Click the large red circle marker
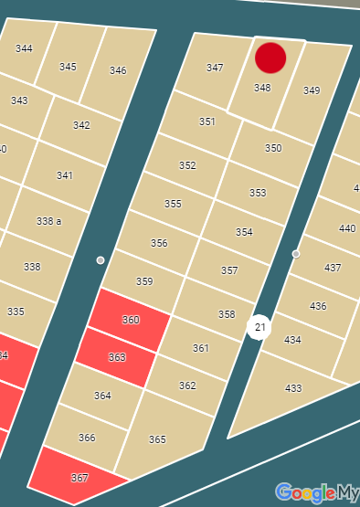click(x=270, y=58)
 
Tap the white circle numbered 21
click(x=259, y=327)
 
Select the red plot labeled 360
click(x=131, y=320)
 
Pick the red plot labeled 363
click(x=117, y=357)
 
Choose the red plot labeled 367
click(x=79, y=478)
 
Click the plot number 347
click(x=215, y=69)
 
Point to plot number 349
click(x=312, y=90)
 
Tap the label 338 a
click(x=49, y=221)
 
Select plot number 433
click(x=293, y=388)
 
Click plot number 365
click(x=157, y=439)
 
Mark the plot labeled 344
click(x=25, y=48)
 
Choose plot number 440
click(x=347, y=228)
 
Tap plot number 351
click(x=207, y=121)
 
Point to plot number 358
click(x=227, y=314)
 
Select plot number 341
click(x=65, y=175)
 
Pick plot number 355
click(x=173, y=204)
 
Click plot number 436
click(x=318, y=306)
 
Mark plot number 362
click(x=187, y=386)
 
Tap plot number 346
click(x=118, y=70)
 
